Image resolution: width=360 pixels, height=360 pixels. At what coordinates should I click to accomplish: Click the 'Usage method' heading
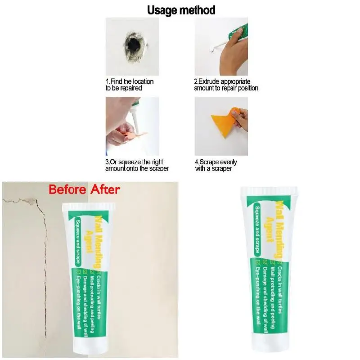click(x=181, y=10)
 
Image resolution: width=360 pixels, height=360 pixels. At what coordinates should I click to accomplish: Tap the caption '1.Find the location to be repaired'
click(x=130, y=85)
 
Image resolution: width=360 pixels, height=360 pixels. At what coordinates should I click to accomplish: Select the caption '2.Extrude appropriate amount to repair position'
click(x=226, y=85)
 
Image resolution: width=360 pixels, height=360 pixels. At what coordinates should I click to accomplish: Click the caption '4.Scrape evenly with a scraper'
click(x=216, y=165)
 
